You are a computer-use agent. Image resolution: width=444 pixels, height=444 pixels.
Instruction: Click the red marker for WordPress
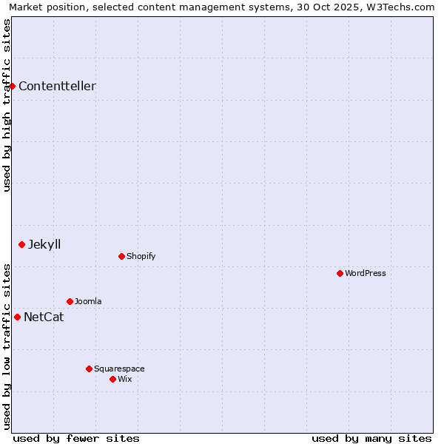[340, 273]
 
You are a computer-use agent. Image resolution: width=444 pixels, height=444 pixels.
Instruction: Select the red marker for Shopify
[121, 256]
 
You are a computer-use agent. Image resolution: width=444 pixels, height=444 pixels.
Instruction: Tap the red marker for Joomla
[70, 301]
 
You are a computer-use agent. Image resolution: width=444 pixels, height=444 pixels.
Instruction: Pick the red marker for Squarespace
[89, 369]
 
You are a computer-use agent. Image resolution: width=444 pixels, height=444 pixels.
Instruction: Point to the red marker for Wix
[112, 379]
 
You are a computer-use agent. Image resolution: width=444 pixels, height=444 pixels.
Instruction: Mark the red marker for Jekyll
[21, 244]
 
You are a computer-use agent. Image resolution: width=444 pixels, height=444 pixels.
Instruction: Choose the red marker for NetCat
[17, 317]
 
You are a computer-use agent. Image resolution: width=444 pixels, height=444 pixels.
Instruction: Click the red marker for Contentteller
[13, 86]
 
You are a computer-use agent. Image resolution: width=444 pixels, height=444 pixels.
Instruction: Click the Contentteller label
[57, 86]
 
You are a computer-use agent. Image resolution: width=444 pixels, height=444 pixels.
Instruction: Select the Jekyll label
[44, 244]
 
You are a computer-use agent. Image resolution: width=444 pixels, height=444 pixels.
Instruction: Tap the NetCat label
[44, 317]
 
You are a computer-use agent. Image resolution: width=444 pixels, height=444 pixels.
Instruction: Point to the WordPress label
[366, 273]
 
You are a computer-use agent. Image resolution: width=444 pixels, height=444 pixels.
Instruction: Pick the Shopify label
[141, 256]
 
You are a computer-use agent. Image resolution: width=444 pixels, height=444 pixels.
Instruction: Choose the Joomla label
[88, 301]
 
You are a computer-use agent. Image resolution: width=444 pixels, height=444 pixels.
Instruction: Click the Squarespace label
[119, 369]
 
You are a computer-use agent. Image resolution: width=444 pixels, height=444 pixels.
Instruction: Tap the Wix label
[124, 379]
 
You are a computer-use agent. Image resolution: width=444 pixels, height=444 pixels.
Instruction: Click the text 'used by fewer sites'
[76, 438]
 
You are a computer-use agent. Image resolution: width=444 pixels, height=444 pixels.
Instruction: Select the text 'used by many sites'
[371, 438]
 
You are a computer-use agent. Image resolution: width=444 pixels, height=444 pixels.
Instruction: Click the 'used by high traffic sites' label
[7, 105]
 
